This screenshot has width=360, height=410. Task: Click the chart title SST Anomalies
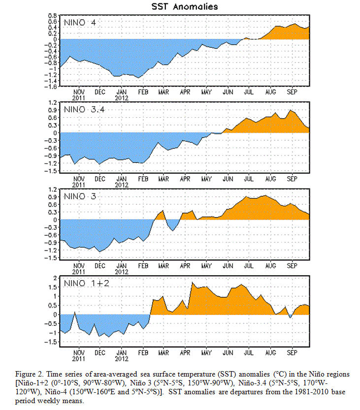tap(185, 6)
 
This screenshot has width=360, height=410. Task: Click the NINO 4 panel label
tap(80, 23)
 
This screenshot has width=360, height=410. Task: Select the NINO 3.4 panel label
tap(84, 109)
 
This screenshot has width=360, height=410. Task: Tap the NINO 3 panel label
tap(80, 196)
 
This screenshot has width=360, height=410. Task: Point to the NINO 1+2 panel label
tap(87, 283)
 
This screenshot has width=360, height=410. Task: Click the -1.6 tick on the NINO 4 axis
tap(51, 87)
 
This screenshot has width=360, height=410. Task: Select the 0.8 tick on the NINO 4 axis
tap(53, 16)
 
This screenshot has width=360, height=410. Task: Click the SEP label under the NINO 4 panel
tap(292, 92)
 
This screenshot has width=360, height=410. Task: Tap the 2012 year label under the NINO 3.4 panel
tap(122, 185)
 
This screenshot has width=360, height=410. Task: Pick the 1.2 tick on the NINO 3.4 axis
tap(53, 102)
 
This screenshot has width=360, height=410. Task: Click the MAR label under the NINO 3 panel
tap(164, 266)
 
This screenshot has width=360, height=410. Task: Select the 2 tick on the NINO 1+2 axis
tap(55, 278)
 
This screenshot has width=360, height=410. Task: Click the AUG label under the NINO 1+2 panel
tap(270, 353)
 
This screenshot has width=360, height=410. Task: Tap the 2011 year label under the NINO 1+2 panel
tap(79, 359)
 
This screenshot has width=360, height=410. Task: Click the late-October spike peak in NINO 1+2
tap(74, 312)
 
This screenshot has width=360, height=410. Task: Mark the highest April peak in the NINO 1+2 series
tap(192, 283)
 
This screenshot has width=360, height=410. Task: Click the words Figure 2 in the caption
tap(27, 374)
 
